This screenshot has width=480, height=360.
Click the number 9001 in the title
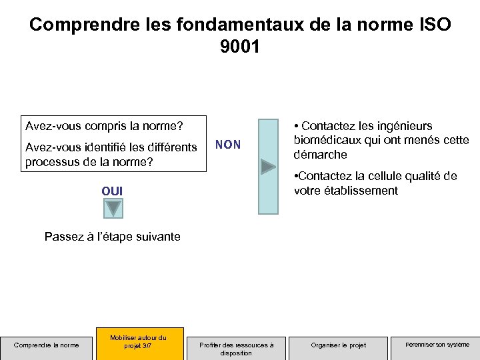(x=240, y=47)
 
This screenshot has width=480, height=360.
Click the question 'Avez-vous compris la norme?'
(x=103, y=126)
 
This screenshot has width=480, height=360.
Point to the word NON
(x=228, y=145)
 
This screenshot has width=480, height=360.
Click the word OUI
(x=112, y=191)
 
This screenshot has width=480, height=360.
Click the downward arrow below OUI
(x=113, y=209)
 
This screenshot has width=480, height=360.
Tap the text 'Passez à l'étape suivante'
(x=112, y=237)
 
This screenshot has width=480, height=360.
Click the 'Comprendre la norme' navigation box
(x=47, y=345)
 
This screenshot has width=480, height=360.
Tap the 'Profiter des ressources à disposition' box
(x=236, y=348)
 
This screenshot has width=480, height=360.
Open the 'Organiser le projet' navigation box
(x=339, y=345)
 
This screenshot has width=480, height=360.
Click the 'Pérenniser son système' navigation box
(x=437, y=345)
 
